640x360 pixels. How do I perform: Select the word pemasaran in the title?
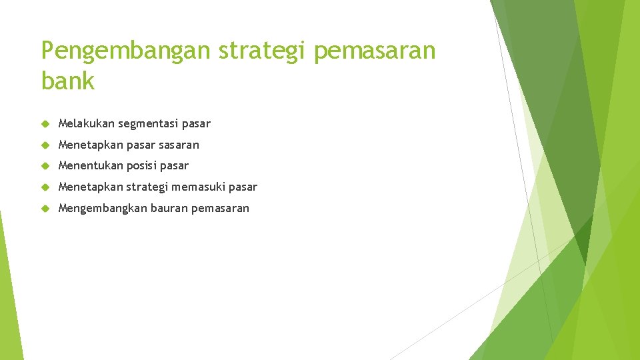click(375, 51)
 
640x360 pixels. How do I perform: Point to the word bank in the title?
click(68, 80)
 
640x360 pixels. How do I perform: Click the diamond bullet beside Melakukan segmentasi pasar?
click(45, 124)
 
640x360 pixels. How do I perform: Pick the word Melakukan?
click(86, 123)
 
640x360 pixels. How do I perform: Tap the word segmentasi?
click(148, 124)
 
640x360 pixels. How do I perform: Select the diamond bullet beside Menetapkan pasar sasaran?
click(45, 145)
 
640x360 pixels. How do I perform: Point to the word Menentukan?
click(91, 165)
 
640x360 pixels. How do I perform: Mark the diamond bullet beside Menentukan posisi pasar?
click(45, 166)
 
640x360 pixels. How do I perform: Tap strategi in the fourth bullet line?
click(147, 187)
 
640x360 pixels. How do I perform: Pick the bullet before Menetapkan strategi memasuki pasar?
click(45, 187)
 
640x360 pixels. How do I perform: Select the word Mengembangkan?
click(103, 209)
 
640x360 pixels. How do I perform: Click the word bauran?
click(169, 208)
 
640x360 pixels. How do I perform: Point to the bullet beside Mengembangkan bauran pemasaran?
click(45, 209)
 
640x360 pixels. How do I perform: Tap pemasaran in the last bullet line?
click(220, 209)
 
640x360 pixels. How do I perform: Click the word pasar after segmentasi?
click(196, 124)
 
